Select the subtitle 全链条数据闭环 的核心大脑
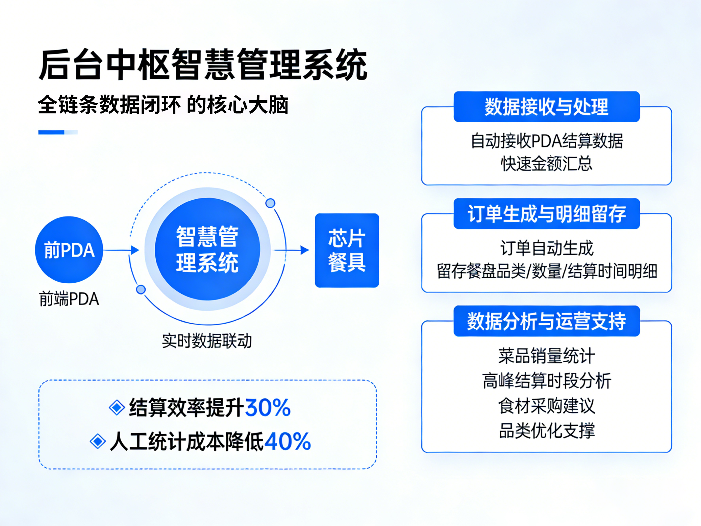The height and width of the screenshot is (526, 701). point(163,104)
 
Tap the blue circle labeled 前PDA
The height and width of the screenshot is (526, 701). point(69,250)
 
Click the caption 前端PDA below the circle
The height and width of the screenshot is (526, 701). point(69,299)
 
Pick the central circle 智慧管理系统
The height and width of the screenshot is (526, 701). point(207,249)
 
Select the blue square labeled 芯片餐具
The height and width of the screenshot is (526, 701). point(347,250)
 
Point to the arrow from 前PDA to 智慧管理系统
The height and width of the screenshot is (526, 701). point(122,250)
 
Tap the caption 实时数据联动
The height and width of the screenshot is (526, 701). point(207,341)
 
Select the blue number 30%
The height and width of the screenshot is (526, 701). point(268,407)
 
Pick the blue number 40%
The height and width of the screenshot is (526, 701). point(287,441)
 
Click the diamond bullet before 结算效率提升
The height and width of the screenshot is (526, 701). point(117,407)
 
